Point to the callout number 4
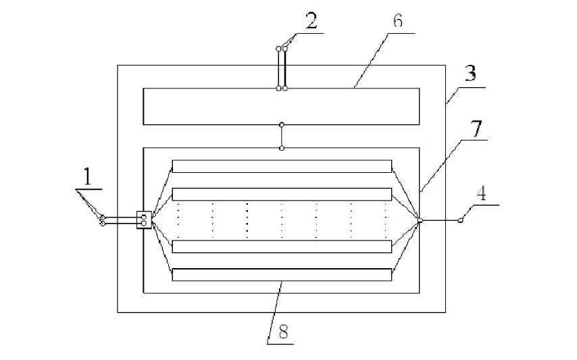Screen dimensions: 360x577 [481, 193]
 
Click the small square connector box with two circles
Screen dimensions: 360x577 [144, 220]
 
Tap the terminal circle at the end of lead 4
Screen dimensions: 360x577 [461, 220]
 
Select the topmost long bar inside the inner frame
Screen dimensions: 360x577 [282, 166]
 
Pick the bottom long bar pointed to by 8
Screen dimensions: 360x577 [282, 275]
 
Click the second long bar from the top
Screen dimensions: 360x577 [282, 194]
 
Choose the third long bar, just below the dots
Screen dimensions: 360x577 [282, 247]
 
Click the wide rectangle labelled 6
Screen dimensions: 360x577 [281, 106]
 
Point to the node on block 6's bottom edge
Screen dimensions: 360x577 [282, 124]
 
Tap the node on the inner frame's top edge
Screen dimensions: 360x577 [282, 148]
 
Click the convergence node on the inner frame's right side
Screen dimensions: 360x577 [420, 220]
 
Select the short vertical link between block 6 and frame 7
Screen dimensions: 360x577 [282, 136]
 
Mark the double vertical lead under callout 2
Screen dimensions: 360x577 [282, 68]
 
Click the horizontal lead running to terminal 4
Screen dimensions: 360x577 [441, 220]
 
